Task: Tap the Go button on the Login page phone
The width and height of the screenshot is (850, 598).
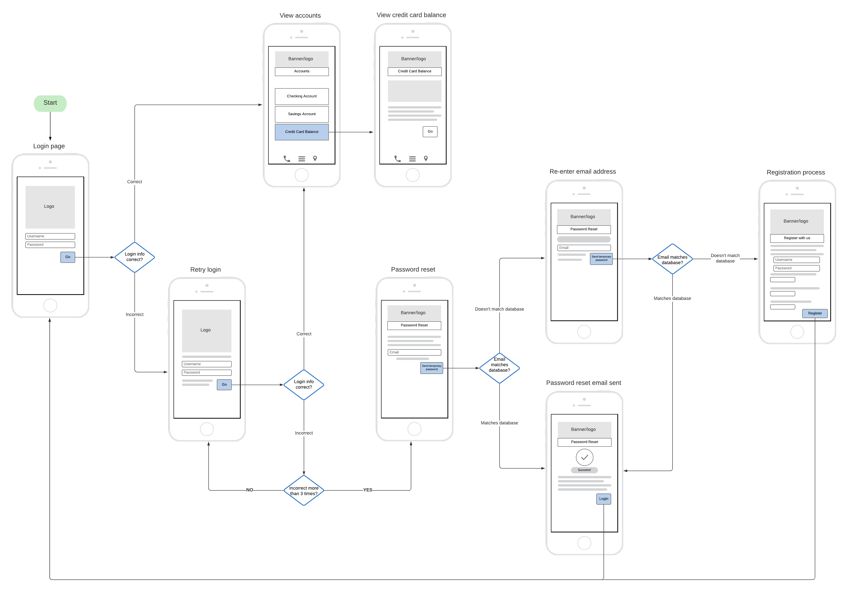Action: (x=68, y=257)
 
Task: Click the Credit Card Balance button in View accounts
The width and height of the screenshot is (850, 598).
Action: (x=302, y=132)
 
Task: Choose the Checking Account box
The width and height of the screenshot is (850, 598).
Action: (x=302, y=96)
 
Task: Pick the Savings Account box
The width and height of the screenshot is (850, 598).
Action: (x=302, y=114)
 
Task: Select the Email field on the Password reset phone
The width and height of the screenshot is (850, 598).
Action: (x=414, y=352)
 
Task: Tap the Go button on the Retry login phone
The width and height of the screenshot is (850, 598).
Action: (x=224, y=385)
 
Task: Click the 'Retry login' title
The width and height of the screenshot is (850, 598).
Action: (x=205, y=270)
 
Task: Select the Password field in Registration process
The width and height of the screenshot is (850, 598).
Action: (x=796, y=268)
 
